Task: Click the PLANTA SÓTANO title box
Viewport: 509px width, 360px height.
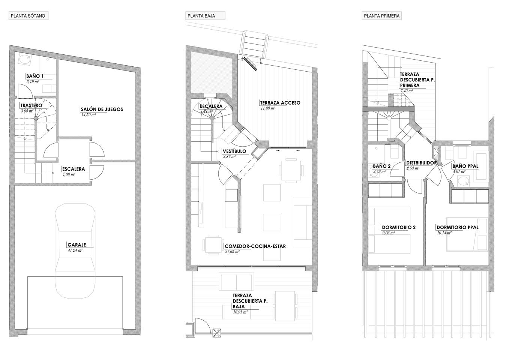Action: coord(29,16)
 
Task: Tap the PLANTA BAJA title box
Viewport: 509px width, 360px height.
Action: coord(205,16)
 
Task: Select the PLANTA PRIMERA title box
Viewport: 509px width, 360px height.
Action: coord(382,16)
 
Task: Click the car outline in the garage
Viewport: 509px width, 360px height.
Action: coord(75,251)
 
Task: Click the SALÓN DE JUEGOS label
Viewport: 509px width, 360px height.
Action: coord(102,109)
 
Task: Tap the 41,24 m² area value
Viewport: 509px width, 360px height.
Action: coord(75,250)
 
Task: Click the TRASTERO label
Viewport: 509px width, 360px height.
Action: coord(31,105)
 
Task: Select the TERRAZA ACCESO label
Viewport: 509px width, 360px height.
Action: coord(280,103)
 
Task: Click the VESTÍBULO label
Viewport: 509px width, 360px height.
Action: coord(234,151)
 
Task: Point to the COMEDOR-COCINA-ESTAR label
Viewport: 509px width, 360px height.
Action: coord(255,246)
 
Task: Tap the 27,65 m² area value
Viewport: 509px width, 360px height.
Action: coord(232,252)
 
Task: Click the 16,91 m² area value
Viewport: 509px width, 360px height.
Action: coord(240,312)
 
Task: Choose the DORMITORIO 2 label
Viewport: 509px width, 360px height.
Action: coord(399,227)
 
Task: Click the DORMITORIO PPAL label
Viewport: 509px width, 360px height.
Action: coord(458,227)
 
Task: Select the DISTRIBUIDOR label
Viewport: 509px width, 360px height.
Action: coord(422,163)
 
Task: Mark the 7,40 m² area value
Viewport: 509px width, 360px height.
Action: coord(407,91)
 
